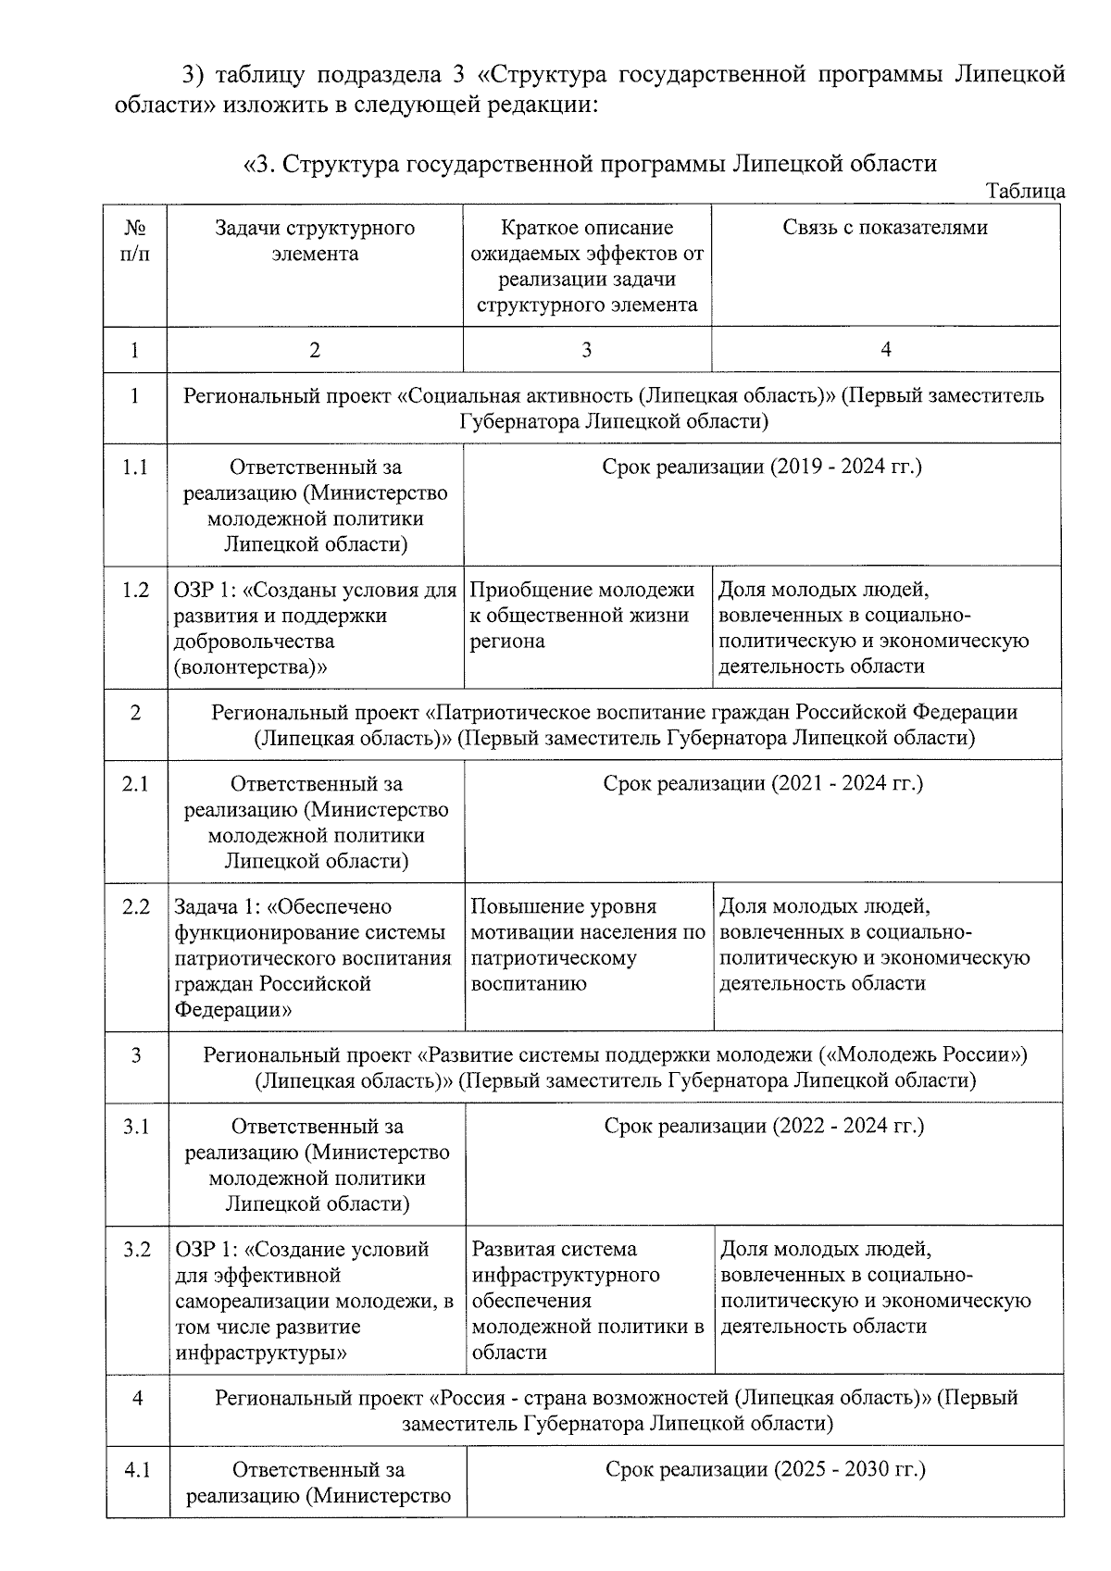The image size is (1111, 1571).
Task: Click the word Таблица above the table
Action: tap(1026, 192)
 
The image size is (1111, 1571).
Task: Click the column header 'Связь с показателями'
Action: tap(885, 228)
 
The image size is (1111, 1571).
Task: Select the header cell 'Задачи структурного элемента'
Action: tap(315, 241)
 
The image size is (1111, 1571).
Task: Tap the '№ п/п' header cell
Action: tap(135, 241)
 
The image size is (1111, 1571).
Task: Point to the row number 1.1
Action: tap(135, 468)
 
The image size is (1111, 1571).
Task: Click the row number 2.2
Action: tap(136, 907)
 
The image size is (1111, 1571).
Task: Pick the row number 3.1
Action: tap(137, 1127)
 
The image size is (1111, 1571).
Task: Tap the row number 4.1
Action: tap(138, 1469)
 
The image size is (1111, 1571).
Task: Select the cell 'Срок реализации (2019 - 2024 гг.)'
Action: tap(762, 467)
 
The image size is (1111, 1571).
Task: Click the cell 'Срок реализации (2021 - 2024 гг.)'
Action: tap(763, 784)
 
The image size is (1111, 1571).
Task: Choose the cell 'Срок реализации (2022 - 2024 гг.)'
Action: tap(764, 1126)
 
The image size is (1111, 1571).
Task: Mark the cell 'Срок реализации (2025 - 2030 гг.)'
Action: tap(765, 1469)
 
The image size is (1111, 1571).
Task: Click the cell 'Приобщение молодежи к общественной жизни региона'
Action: tap(582, 616)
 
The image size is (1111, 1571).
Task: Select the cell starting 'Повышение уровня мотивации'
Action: tap(588, 944)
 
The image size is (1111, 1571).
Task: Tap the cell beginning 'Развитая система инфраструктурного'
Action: tap(588, 1300)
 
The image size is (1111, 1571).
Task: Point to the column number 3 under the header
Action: tap(586, 350)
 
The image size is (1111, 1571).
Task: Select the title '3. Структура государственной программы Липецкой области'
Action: tap(591, 165)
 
